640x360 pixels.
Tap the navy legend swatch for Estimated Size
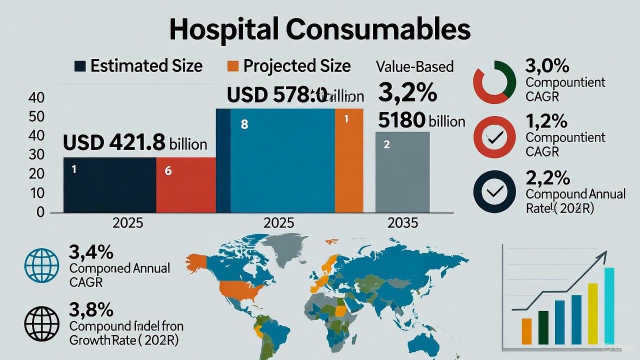point(79,66)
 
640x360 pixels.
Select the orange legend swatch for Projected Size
point(232,66)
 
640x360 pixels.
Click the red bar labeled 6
point(186,185)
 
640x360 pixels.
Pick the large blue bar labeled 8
point(282,160)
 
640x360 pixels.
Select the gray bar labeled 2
point(402,172)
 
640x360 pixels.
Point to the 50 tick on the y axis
point(37,117)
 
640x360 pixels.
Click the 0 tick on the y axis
point(40,212)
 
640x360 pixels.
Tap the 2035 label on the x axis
point(402,223)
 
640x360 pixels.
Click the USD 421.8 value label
point(114,143)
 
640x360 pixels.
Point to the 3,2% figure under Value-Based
point(407,92)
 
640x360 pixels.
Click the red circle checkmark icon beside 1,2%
point(494,136)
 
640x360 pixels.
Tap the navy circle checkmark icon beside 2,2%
point(494,191)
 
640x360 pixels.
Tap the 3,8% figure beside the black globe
point(91,310)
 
